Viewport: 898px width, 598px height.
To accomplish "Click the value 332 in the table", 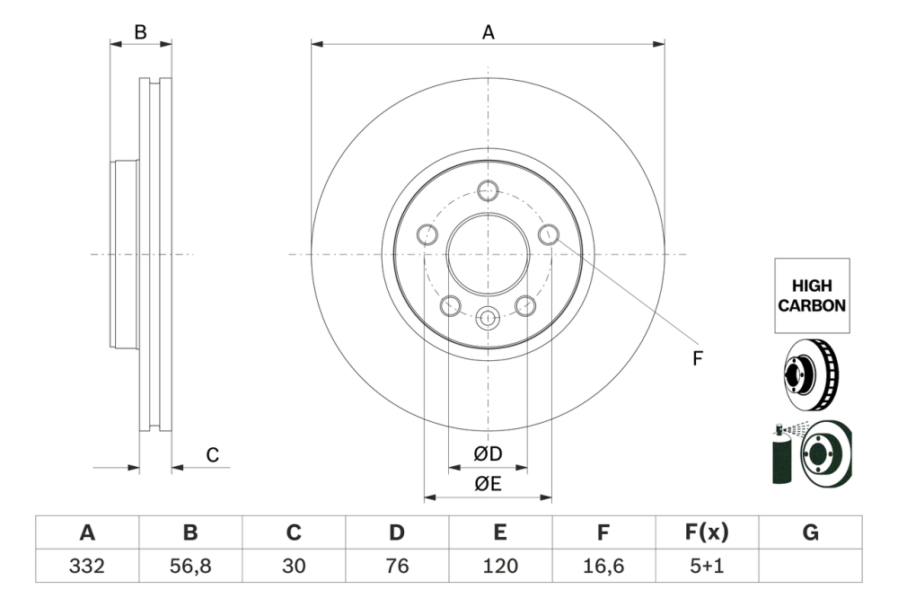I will tap(87, 567).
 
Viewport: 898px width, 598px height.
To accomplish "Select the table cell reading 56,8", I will tap(190, 567).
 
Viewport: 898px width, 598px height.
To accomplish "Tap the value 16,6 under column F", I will tap(603, 567).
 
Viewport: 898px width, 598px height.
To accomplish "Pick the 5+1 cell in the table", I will tap(707, 567).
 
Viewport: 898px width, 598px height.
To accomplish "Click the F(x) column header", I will tap(707, 533).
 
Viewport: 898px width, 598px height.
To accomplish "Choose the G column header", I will tap(810, 533).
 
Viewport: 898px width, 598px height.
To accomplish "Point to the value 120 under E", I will tap(500, 567).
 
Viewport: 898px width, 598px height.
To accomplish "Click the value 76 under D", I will tap(397, 567).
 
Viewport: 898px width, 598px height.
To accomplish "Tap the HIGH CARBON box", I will tap(811, 295).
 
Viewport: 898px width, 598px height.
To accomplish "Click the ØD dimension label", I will tap(488, 454).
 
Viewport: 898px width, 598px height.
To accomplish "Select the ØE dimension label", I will tap(488, 484).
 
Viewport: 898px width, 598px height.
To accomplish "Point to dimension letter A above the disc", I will tap(488, 32).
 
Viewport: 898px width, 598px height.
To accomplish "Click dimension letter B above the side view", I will tap(140, 32).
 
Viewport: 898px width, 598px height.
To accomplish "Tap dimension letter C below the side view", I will tap(213, 455).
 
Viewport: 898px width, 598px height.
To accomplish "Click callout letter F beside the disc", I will tap(697, 359).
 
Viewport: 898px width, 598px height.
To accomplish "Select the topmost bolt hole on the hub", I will tap(488, 190).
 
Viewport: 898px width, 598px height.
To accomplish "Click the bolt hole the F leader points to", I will tap(549, 234).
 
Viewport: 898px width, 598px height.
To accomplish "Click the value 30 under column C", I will tap(294, 567).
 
